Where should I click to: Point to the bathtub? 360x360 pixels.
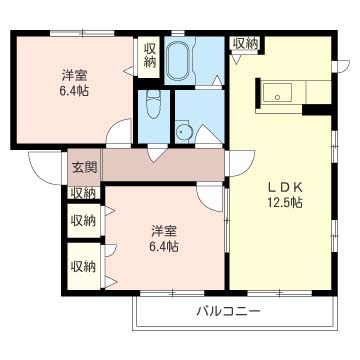click(181, 65)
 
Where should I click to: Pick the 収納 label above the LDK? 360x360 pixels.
click(245, 43)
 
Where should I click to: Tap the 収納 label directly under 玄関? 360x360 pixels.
click(83, 193)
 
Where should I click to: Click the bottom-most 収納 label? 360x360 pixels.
click(83, 266)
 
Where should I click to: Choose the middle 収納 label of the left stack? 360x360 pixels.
click(83, 220)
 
